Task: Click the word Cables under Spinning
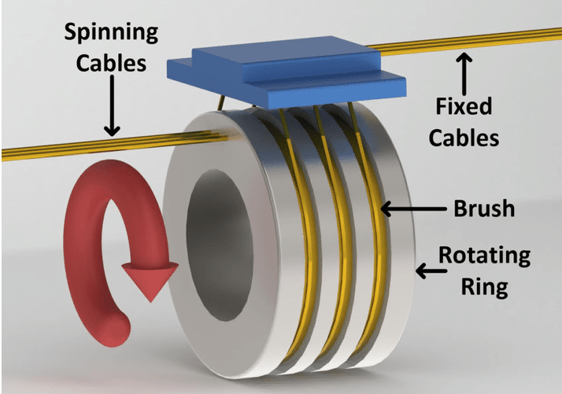[110, 63]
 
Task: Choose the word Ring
[483, 285]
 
